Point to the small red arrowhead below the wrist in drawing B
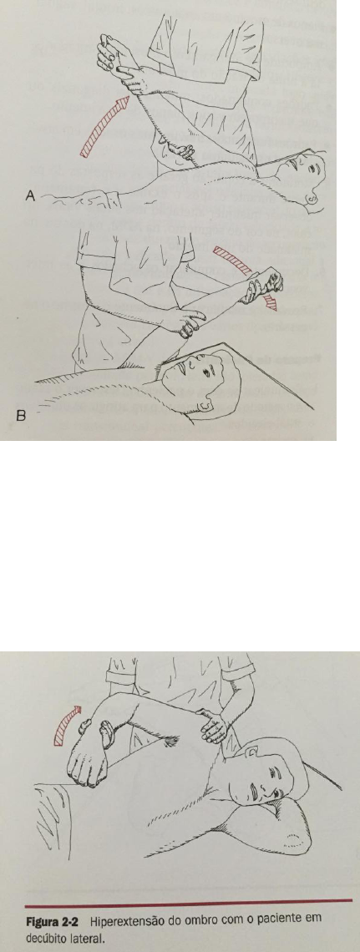271,301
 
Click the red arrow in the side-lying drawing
65,727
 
